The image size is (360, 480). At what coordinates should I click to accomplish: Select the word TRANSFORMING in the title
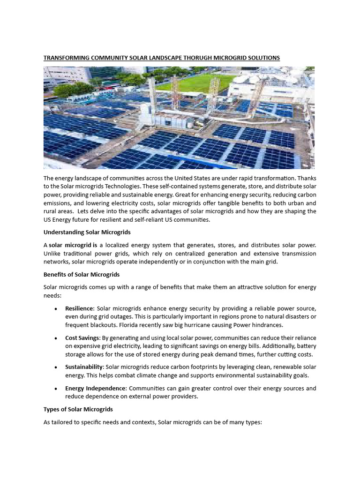tap(66, 58)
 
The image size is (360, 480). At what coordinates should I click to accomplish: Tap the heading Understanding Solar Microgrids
tap(87, 232)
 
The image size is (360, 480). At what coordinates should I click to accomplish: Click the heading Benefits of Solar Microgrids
tap(82, 274)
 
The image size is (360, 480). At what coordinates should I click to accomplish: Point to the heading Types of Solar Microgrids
tap(78, 409)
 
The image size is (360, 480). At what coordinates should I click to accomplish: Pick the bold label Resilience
tap(80, 308)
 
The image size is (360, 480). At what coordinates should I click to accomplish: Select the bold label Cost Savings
tap(82, 338)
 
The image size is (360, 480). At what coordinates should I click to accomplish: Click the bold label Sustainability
tap(83, 367)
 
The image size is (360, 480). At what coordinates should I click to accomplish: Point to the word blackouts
tap(103, 324)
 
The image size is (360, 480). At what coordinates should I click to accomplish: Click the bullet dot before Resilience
tap(56, 309)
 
